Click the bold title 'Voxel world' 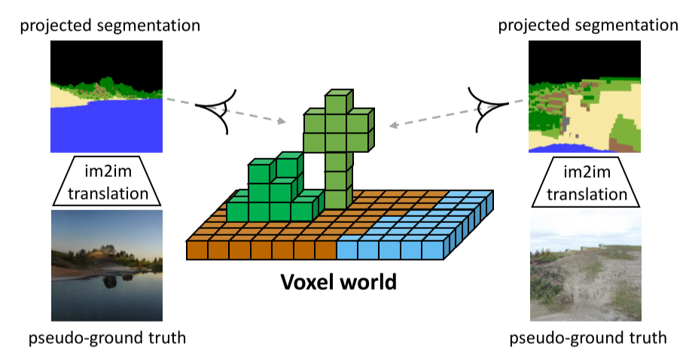(338, 282)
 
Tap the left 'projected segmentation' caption (110, 26)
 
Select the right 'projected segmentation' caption (588, 26)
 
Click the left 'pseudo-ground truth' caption (107, 338)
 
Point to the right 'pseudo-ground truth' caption (588, 338)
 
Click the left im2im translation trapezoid (107, 181)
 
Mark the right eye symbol (488, 109)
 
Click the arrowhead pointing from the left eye (281, 121)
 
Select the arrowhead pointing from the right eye (394, 125)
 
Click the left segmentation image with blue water (107, 96)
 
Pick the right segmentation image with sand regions (584, 96)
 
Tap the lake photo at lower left (107, 266)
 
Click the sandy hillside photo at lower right (586, 266)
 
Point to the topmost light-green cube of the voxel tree (339, 102)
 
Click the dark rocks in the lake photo (115, 280)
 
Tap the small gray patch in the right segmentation (566, 122)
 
